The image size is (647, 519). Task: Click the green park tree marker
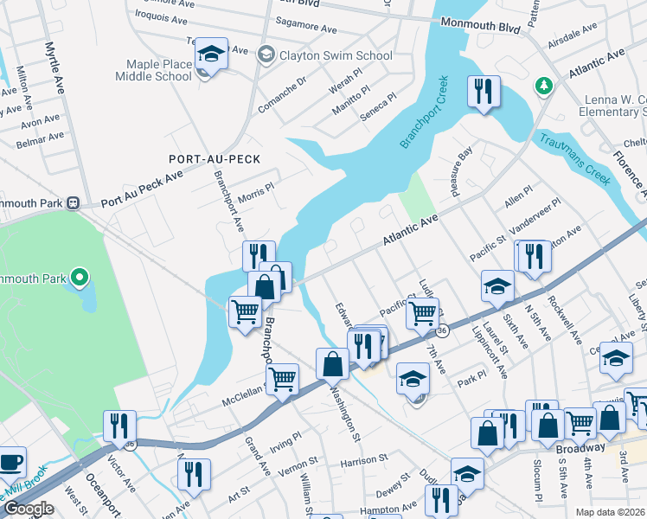[x=544, y=86]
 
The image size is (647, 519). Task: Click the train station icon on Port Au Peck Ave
[x=74, y=203]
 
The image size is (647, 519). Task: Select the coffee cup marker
[x=10, y=461]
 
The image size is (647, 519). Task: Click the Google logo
[x=28, y=509]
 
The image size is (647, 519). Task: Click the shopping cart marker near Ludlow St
[x=422, y=313]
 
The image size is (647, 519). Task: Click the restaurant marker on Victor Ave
[x=119, y=425]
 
